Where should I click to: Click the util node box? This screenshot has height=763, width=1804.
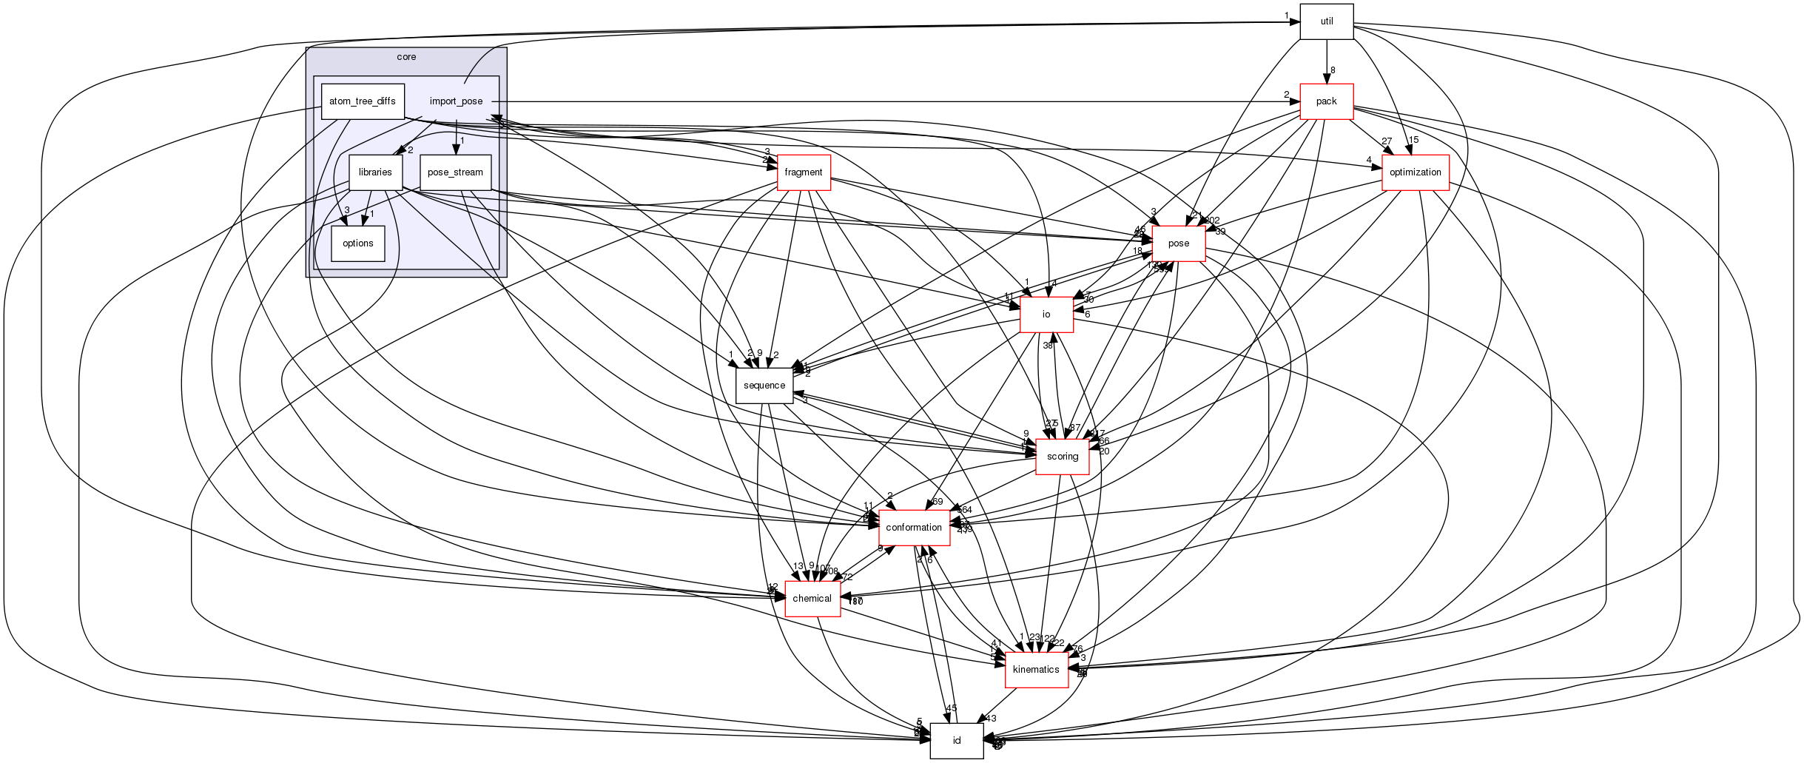point(1326,21)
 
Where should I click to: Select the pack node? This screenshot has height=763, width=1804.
point(1326,101)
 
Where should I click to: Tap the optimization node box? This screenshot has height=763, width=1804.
point(1415,172)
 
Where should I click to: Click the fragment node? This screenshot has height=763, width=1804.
point(803,172)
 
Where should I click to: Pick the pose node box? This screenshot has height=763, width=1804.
point(1178,243)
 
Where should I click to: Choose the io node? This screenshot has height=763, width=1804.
point(1046,315)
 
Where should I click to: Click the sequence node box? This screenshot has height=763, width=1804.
point(764,386)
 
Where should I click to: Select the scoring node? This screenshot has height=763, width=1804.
point(1062,457)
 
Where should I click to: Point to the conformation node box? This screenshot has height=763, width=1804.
point(914,528)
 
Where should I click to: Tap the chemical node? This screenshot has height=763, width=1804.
point(812,599)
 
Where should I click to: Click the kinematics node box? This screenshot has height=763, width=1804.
point(1035,670)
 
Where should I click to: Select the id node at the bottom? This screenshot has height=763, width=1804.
point(956,741)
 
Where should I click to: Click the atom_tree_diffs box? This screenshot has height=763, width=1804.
point(362,101)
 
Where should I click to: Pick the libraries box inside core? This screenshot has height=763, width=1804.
point(375,172)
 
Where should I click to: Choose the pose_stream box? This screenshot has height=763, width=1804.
point(455,172)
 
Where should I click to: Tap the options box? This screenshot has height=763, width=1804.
point(357,243)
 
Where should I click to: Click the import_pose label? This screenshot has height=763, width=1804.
point(456,101)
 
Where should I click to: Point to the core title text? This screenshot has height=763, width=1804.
point(406,57)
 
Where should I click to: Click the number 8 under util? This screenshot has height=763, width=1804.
point(1333,70)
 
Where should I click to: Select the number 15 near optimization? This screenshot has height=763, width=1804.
point(1413,140)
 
